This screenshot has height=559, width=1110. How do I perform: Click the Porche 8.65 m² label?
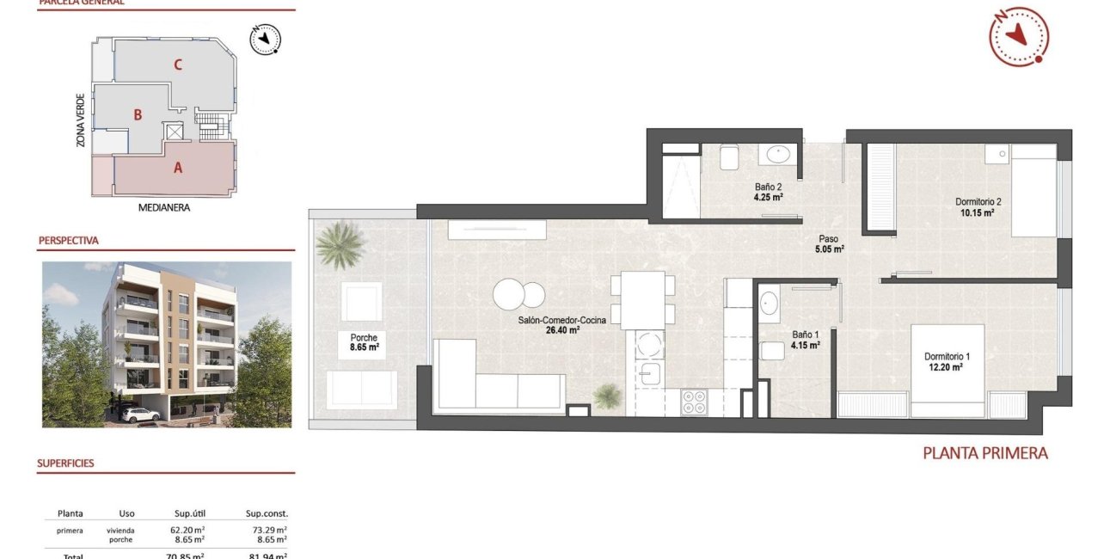point(365,343)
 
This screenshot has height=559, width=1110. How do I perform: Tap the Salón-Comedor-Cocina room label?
point(561,325)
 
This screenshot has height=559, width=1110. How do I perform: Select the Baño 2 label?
point(767,191)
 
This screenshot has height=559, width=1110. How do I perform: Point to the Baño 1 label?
point(805,341)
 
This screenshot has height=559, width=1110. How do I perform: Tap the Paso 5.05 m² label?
point(829,244)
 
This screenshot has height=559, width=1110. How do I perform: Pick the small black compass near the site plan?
point(267,40)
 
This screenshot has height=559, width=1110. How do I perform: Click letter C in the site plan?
point(177,64)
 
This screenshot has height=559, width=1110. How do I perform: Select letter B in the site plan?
point(137,114)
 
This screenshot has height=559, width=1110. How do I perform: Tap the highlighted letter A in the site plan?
point(178,168)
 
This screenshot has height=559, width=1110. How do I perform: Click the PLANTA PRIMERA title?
point(985,452)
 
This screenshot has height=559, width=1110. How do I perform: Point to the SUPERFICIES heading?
point(65,464)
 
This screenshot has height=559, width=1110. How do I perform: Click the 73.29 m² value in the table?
point(266,531)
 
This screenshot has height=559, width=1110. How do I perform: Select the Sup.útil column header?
point(187,513)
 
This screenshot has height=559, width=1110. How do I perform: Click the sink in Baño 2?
point(779,155)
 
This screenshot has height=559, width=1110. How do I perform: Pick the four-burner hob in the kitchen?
point(694,402)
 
